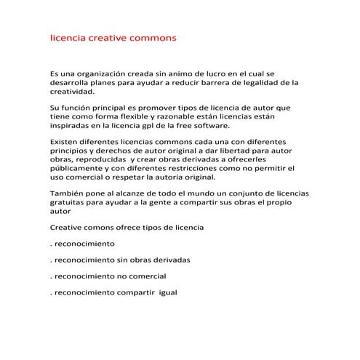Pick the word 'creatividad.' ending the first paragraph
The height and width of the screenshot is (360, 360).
71,92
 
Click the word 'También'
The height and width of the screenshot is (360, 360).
66,193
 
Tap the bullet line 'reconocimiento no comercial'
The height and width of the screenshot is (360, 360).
109,276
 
